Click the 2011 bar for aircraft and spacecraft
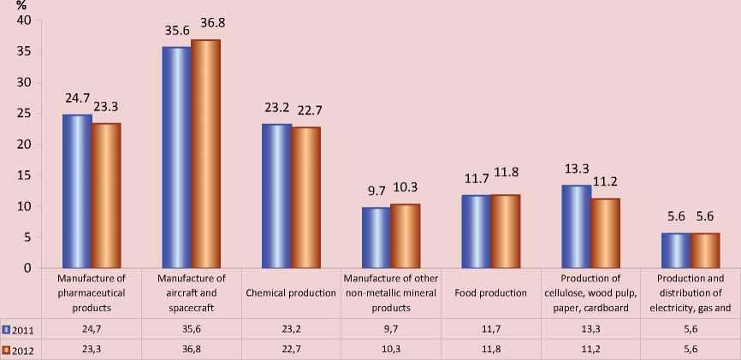(176, 158)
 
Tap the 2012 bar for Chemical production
(305, 198)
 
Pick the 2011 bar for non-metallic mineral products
(376, 238)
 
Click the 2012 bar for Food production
(505, 232)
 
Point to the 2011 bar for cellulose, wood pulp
(575, 227)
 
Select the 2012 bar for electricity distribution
(705, 251)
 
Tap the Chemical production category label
(290, 293)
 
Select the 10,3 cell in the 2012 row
(390, 349)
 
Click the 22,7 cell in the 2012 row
(290, 349)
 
